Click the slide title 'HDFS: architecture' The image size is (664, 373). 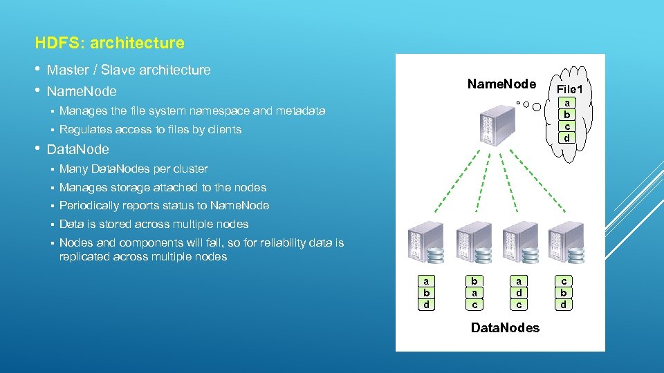[x=109, y=44]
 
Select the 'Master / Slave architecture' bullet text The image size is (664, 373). [x=129, y=70]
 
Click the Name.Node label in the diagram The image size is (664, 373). [x=501, y=84]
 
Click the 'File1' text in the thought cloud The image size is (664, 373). [x=569, y=90]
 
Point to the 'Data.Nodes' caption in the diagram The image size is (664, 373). [x=505, y=327]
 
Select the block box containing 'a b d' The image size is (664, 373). [x=426, y=293]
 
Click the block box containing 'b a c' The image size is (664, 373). [x=474, y=293]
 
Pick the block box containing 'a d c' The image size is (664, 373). [x=518, y=293]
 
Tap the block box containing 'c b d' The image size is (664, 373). [x=564, y=293]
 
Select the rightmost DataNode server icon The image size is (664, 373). [x=565, y=242]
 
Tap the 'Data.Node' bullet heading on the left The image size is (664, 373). [x=77, y=149]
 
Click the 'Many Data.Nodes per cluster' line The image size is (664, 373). [x=133, y=169]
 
